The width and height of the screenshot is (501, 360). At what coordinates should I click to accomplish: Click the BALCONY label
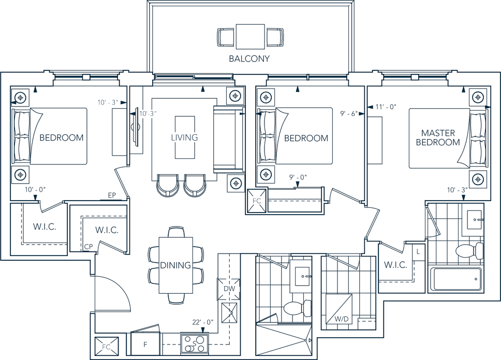(x=249, y=59)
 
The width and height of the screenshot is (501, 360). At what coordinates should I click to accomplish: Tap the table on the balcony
(x=250, y=36)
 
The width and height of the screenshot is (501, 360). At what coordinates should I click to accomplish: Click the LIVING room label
(x=184, y=138)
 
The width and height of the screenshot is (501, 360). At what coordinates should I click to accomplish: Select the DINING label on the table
(x=175, y=265)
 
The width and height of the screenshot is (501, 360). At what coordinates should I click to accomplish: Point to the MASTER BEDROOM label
(x=438, y=138)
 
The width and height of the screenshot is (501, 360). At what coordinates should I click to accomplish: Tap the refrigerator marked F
(x=145, y=344)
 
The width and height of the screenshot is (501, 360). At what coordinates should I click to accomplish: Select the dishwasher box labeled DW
(x=229, y=289)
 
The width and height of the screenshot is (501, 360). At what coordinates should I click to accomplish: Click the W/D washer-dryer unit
(x=339, y=309)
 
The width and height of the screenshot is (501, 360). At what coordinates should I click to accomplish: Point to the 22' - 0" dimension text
(x=203, y=322)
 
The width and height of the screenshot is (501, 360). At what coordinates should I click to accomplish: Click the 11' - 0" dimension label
(x=386, y=107)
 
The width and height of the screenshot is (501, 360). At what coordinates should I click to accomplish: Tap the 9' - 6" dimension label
(x=349, y=113)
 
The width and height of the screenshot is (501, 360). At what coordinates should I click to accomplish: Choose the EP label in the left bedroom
(x=112, y=195)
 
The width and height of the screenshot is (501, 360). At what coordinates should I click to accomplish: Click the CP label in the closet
(x=89, y=247)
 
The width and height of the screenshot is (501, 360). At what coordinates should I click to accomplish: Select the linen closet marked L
(x=418, y=252)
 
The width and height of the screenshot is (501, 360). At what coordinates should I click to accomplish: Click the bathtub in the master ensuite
(x=456, y=279)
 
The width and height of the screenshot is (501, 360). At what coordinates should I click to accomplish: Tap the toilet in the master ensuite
(x=469, y=251)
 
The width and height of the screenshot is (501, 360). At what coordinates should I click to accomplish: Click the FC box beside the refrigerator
(x=107, y=347)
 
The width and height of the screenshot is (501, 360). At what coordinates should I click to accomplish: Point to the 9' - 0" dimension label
(x=298, y=177)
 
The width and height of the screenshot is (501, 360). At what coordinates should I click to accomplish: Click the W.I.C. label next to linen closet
(x=395, y=265)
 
